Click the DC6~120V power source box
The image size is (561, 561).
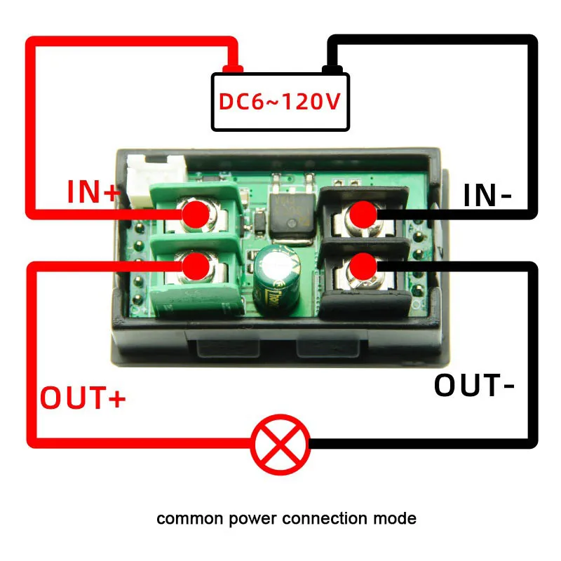tap(280, 102)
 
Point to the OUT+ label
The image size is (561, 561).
tap(83, 398)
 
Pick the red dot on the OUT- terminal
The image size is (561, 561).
tap(363, 266)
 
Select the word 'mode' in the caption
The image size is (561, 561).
tap(398, 520)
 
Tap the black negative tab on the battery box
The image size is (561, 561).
tap(332, 69)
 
